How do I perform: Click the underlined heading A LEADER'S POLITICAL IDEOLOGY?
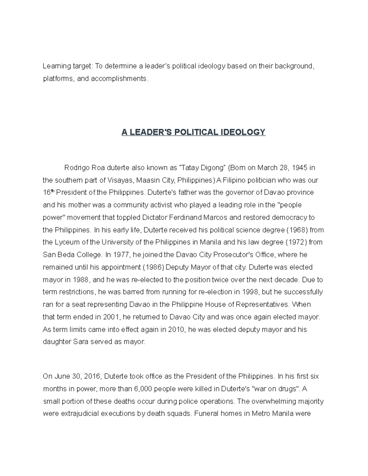[x=193, y=132]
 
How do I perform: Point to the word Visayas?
[x=121, y=180]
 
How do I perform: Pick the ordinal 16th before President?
[x=48, y=193]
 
